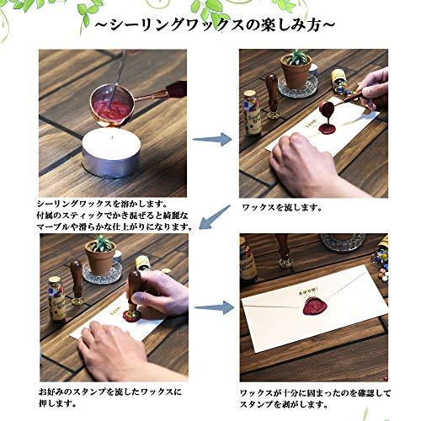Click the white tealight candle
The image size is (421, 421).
111,152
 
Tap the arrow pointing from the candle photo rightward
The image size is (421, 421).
212,139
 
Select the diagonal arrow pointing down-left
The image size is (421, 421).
215,217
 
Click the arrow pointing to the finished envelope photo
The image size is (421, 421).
214,308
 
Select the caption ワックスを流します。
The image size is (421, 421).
281,208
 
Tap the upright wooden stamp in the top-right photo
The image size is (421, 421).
272,96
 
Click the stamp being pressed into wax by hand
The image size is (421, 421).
133,297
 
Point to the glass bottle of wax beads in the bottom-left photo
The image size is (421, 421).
56,300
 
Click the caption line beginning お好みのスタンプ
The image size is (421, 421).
109,392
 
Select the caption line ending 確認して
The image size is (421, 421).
315,392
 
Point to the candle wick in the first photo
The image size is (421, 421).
112,138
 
